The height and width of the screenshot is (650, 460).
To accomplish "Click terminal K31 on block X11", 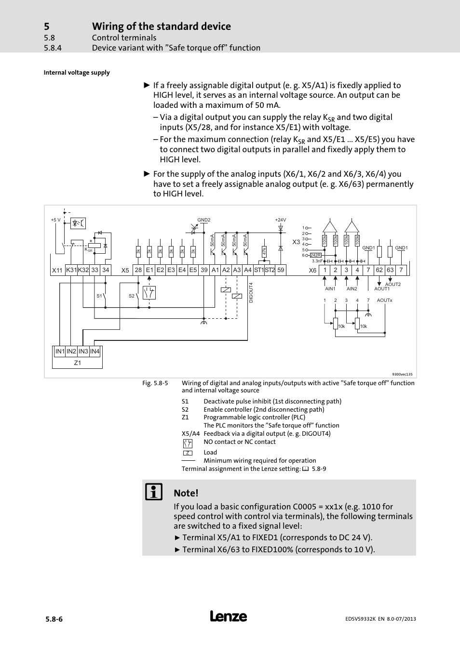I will [x=71, y=270].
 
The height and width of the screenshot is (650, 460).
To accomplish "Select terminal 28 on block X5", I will [x=138, y=270].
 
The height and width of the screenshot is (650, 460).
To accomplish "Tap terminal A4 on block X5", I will [x=247, y=270].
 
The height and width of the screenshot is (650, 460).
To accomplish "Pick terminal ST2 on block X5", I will [x=270, y=270].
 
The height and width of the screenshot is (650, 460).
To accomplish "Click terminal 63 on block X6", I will [x=390, y=270].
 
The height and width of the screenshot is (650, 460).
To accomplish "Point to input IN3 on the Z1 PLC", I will [x=83, y=351].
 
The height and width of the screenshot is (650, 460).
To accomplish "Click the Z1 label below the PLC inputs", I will [x=78, y=363].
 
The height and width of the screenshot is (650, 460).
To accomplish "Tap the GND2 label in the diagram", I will [x=204, y=220].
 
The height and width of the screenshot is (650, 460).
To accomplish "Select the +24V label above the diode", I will [x=281, y=220].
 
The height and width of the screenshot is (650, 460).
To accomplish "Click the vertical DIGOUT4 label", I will [x=251, y=292].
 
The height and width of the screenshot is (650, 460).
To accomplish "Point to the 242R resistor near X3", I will [x=316, y=255].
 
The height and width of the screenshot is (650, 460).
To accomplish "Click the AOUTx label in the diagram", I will [x=384, y=300].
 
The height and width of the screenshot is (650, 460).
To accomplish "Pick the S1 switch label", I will [x=99, y=296].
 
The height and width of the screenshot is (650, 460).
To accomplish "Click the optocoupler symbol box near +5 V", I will [x=78, y=223].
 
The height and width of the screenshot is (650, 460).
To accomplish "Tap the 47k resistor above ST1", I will [x=264, y=252].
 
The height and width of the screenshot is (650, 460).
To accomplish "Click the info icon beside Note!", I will [x=154, y=492].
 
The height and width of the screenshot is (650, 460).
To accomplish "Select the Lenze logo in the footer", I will [x=229, y=616].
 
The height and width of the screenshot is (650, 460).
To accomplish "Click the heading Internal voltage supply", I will [x=77, y=73].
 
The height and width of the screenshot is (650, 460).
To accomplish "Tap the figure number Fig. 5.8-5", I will [x=155, y=383].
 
